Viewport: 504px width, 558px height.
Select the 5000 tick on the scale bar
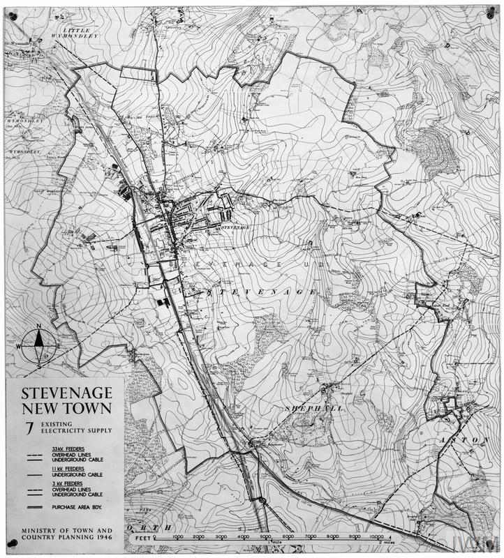(265, 536)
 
